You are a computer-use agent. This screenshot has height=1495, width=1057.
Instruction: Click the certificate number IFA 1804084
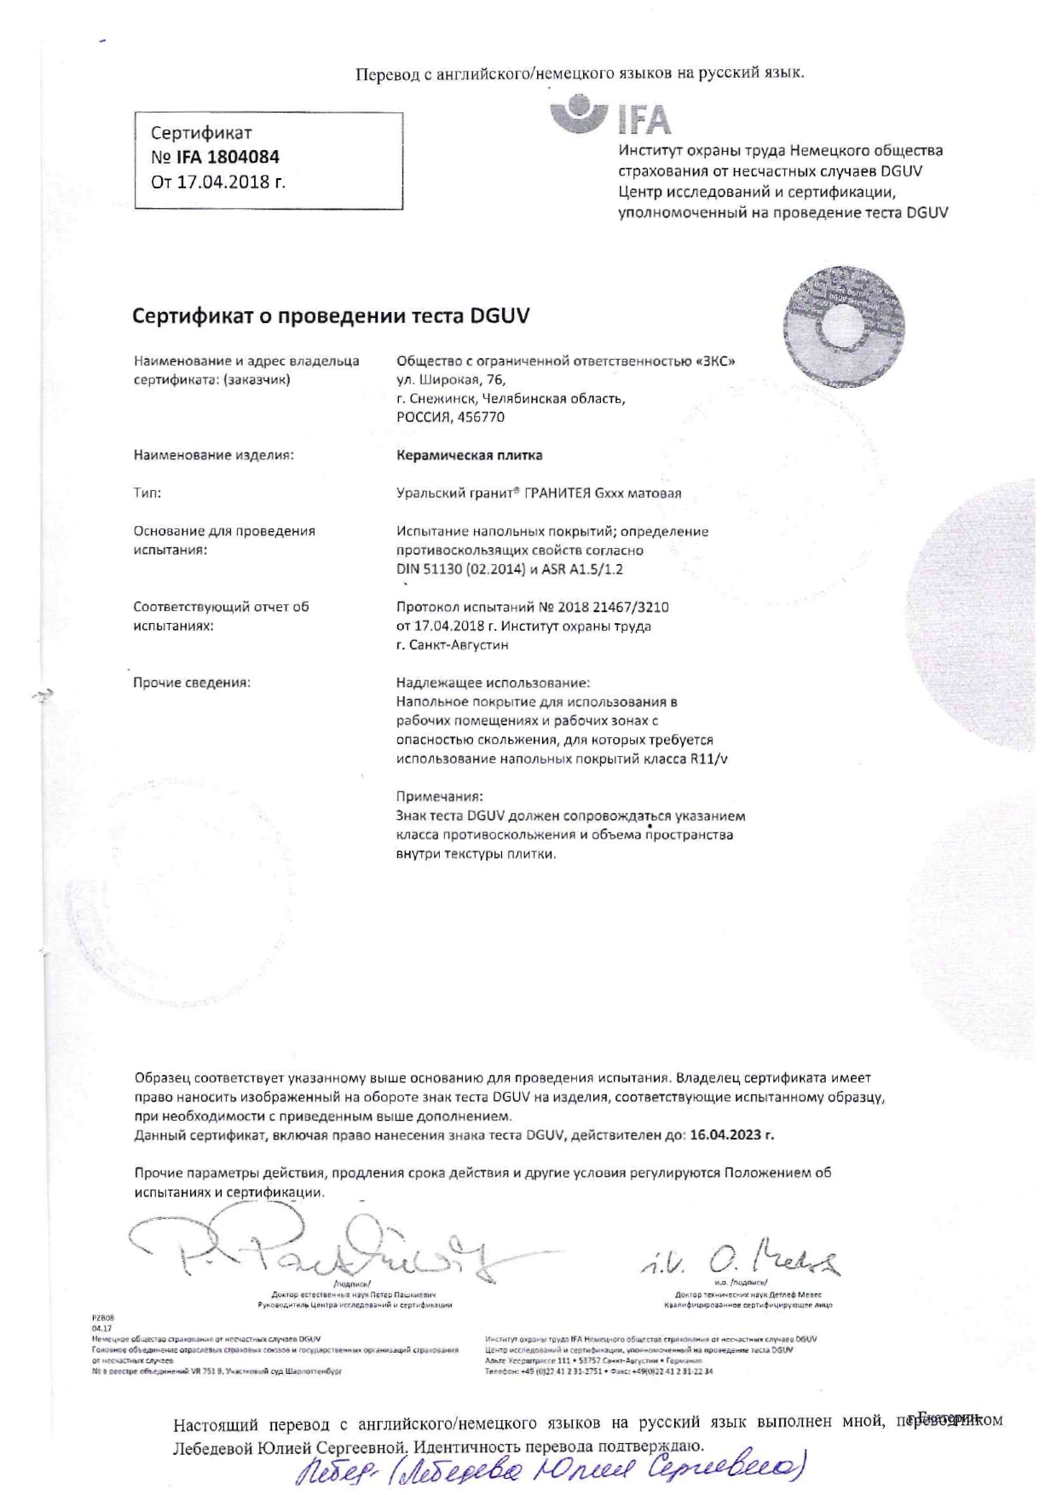tap(228, 157)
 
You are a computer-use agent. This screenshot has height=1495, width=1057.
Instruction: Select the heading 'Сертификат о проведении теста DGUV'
tap(331, 316)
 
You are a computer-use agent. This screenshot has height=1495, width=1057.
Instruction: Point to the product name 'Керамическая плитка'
tap(469, 455)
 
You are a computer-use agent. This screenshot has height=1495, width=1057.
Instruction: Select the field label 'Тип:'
tap(147, 493)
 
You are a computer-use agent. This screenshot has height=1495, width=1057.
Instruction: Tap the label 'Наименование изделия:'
tap(213, 455)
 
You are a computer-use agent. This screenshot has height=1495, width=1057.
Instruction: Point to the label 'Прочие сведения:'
tap(191, 683)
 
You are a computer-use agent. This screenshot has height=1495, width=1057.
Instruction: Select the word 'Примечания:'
tap(439, 796)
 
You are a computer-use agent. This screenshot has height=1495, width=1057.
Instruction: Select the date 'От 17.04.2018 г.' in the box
tap(217, 182)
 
